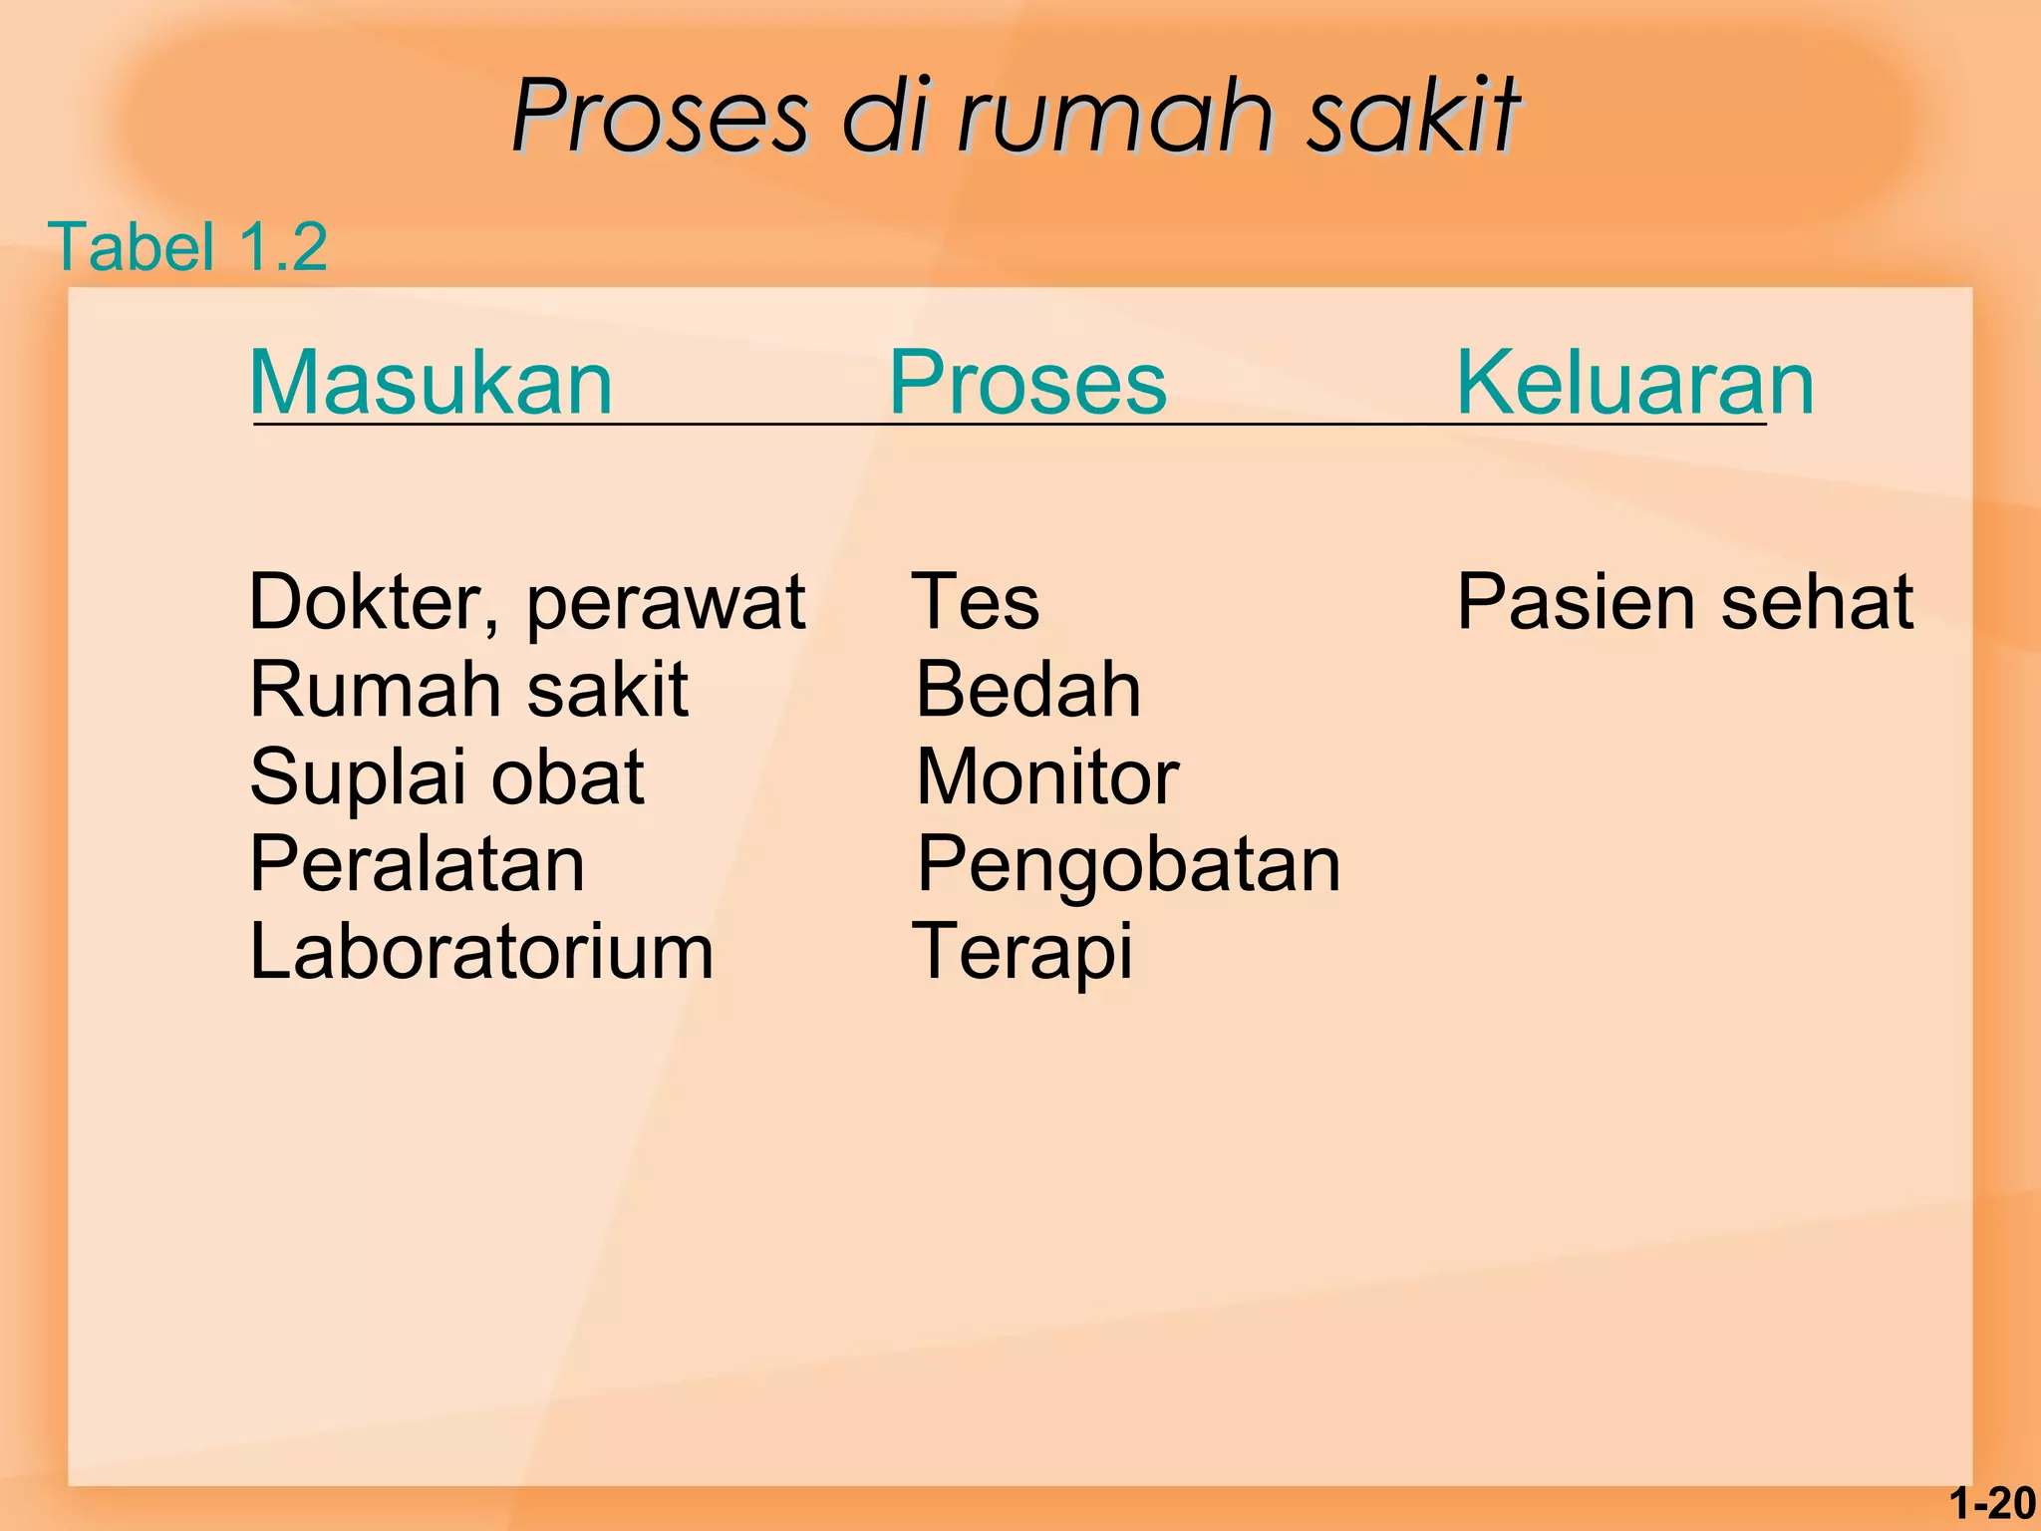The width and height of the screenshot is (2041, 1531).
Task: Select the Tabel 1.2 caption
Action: pos(187,246)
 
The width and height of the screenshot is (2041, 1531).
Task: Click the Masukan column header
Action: pos(431,383)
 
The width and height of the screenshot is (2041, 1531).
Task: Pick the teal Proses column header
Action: pos(1026,383)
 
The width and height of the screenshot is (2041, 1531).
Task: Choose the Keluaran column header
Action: pos(1634,383)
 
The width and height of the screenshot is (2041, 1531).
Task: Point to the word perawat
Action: pos(666,604)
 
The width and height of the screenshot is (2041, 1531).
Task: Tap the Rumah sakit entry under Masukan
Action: pos(468,690)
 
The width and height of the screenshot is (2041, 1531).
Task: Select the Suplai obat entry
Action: pos(446,777)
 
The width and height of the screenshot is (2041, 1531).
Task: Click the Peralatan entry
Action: pos(417,864)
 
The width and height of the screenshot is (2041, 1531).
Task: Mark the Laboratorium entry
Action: pos(481,952)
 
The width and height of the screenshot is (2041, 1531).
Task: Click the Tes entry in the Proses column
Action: pos(976,602)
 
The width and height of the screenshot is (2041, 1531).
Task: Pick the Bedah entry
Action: pos(1027,690)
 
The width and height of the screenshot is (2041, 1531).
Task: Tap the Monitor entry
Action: pos(1047,777)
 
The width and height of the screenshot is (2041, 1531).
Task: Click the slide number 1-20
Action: pos(1992,1504)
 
